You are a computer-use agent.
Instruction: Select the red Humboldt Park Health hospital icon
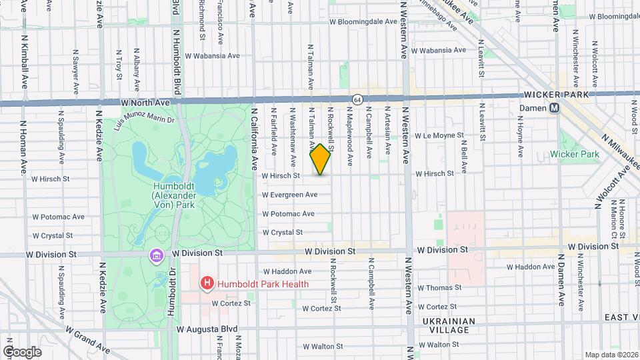click(207, 284)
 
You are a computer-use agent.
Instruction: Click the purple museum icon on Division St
click(157, 255)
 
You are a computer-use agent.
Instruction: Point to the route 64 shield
click(358, 99)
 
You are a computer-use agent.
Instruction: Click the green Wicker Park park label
click(575, 155)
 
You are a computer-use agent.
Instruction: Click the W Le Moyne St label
click(438, 135)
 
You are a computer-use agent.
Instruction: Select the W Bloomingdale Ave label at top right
click(606, 16)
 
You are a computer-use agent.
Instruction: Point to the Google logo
click(22, 351)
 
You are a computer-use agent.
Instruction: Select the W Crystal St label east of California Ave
click(283, 233)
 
